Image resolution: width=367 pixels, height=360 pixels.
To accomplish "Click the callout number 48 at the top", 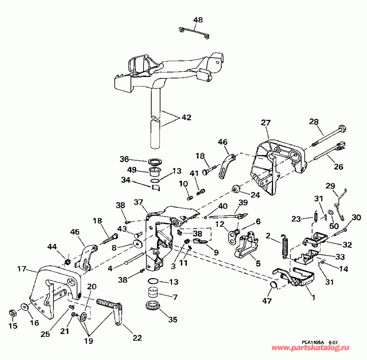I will click(x=198, y=20).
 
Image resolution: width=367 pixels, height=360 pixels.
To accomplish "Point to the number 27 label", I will click(x=265, y=124).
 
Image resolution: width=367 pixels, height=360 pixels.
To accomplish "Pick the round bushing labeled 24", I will click(x=235, y=188).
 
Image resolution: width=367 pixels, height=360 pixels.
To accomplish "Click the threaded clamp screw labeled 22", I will click(x=109, y=307).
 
